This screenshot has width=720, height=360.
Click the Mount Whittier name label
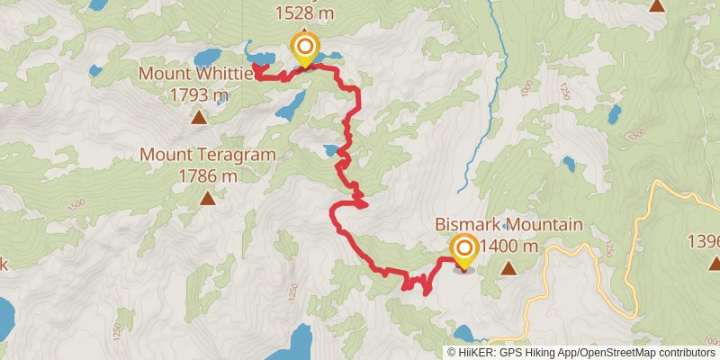click(x=196, y=72)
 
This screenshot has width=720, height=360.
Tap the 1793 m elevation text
click(x=197, y=94)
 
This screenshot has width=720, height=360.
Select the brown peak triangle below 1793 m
click(x=197, y=117)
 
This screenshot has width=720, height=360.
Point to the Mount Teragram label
click(x=207, y=155)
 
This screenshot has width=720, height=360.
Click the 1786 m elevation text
click(x=208, y=176)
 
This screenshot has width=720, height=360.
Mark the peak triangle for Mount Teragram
click(x=208, y=200)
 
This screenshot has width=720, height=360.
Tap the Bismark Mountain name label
click(x=508, y=225)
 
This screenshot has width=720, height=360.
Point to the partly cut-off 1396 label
click(x=703, y=241)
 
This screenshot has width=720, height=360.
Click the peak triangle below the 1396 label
click(x=714, y=264)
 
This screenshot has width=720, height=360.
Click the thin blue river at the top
click(x=490, y=36)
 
